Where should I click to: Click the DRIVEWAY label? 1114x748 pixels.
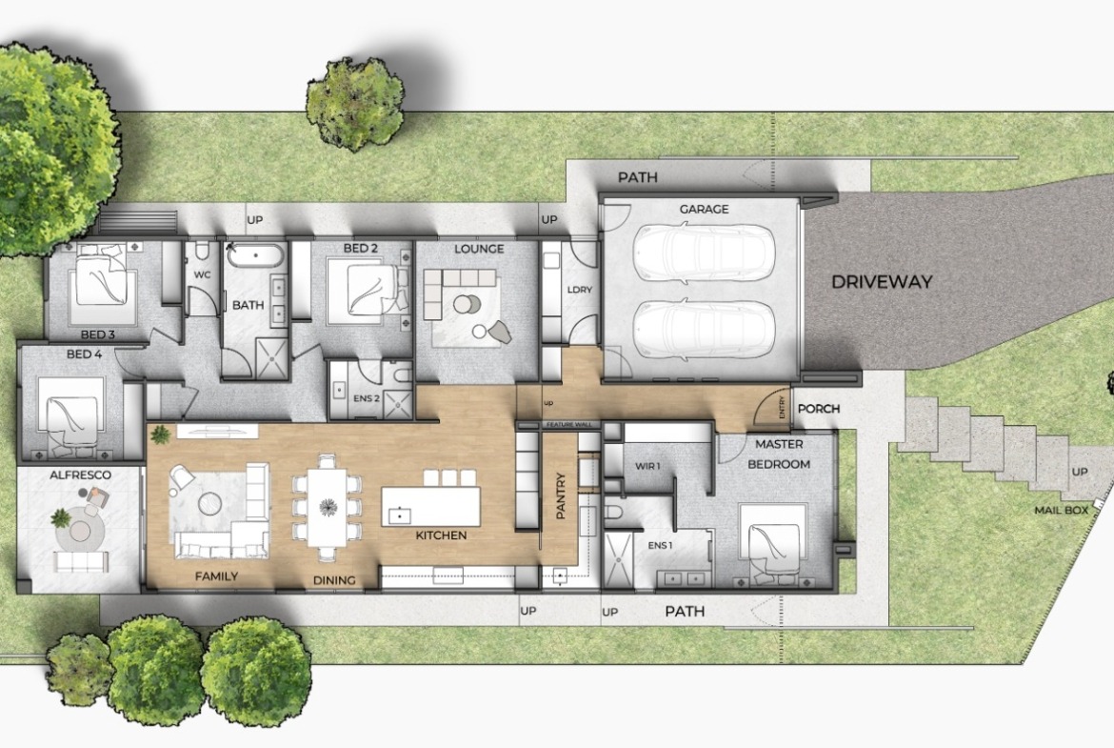coord(882,281)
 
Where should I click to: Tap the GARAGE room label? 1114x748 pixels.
coord(704,209)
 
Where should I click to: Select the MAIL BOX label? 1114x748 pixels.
coord(1062,510)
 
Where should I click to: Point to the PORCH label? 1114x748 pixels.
coord(819,409)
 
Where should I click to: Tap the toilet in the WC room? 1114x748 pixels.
coord(202,251)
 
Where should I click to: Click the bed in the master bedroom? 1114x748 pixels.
coord(773,540)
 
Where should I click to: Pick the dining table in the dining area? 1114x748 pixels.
coord(328,507)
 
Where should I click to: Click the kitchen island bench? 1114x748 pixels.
coord(430,506)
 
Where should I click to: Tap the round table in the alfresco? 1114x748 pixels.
coord(80,532)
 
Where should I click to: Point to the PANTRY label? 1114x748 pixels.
coord(561,495)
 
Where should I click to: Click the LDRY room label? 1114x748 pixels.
coord(580,290)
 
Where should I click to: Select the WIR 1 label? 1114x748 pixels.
coord(647,467)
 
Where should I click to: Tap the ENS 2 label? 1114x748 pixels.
coord(367,398)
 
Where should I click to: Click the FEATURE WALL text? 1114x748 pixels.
coord(568,425)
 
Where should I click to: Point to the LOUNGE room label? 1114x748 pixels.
coord(479,249)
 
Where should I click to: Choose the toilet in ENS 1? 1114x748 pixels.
coord(613,513)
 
